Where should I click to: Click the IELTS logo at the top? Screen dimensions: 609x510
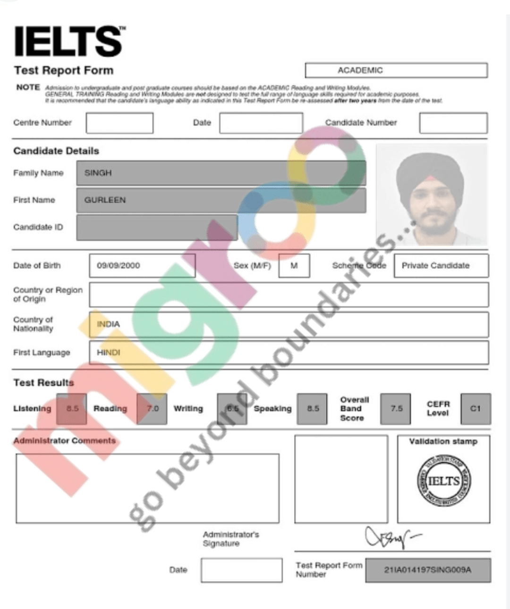pos(69,41)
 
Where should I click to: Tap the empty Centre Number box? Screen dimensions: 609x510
pos(119,123)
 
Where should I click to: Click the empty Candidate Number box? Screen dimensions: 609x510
pos(453,123)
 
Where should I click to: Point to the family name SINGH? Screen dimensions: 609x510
pos(98,173)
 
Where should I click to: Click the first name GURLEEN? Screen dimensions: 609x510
pos(105,200)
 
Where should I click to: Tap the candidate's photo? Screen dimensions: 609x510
pos(431,195)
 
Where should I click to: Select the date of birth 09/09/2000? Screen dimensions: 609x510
pos(119,265)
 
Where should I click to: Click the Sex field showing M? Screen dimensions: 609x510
pos(294,265)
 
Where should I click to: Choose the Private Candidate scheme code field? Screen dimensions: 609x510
pos(440,265)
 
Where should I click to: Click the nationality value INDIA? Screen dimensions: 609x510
pos(108,324)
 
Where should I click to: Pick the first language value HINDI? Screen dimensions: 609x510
pos(109,353)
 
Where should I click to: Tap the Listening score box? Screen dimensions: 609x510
pos(72,409)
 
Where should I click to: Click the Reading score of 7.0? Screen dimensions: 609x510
pos(152,409)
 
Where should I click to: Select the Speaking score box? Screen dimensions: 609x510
pos(312,409)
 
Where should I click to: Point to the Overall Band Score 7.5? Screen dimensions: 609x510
pos(396,409)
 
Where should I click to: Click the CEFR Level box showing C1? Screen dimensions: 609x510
pos(475,409)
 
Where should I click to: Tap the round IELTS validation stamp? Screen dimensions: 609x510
pos(444,481)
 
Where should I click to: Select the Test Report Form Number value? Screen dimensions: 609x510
pos(427,570)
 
